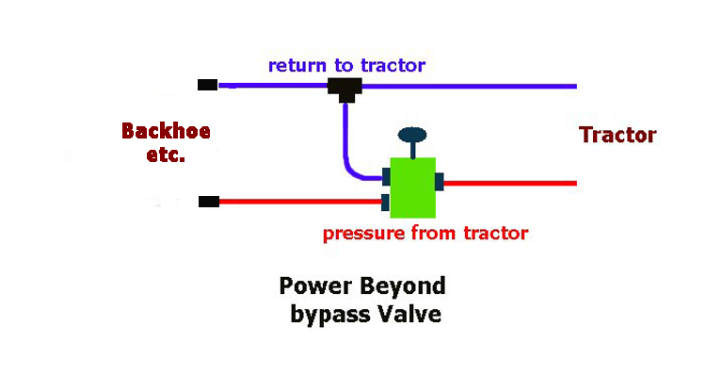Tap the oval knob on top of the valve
tap(412, 135)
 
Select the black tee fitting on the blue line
tap(345, 89)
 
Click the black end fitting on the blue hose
tap(208, 85)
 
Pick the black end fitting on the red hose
tap(209, 201)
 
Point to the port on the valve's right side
tap(440, 182)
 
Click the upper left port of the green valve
tap(385, 176)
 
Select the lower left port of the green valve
tap(385, 201)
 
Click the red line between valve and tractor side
tap(508, 183)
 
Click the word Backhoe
tap(165, 130)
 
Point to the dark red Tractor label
tap(618, 135)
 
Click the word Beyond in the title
tap(398, 285)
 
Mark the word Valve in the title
tap(408, 314)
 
